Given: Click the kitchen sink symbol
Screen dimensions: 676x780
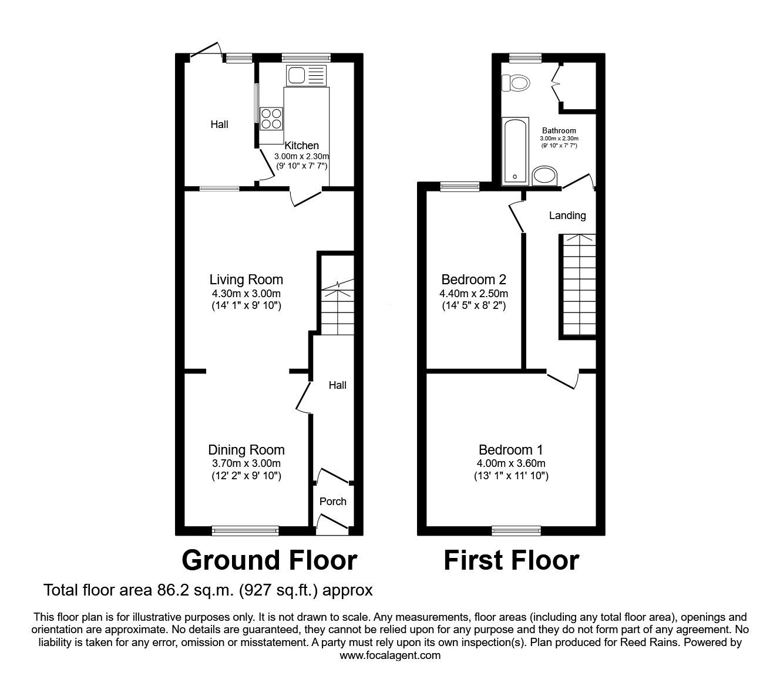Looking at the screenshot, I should [305, 75].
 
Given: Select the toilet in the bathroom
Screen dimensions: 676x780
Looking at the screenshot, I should [515, 83].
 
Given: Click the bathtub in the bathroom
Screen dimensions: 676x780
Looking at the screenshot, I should [515, 150].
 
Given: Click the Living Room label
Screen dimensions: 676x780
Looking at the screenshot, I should [246, 280].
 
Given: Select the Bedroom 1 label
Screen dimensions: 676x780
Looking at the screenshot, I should [510, 450].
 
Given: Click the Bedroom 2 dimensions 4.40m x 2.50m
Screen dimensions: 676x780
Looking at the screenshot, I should [473, 294].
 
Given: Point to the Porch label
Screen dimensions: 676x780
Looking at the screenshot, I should [332, 502].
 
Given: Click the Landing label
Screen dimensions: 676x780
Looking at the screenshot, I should [567, 216].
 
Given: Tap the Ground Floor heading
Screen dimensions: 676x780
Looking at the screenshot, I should [269, 560].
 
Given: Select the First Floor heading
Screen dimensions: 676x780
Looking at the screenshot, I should [511, 560].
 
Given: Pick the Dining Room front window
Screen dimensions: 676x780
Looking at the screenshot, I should [246, 530].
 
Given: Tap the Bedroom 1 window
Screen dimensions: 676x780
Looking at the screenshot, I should [516, 530].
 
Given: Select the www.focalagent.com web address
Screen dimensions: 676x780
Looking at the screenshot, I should [390, 655].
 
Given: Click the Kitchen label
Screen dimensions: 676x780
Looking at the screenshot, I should [301, 146].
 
